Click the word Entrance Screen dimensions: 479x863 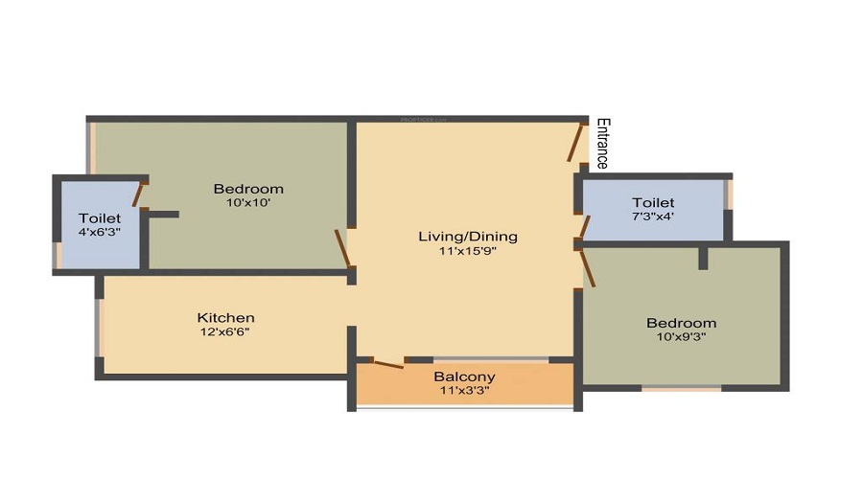[602, 144]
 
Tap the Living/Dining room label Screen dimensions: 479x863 [468, 236]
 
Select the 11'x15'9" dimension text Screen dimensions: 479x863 [468, 252]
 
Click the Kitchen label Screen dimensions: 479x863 [226, 317]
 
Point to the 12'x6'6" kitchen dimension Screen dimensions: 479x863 [226, 332]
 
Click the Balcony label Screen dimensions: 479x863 [464, 376]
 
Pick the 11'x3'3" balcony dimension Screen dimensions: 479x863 [464, 391]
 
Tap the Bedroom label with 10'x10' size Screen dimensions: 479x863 [248, 188]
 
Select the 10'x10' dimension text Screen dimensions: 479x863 [248, 203]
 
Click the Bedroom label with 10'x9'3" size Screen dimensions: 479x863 [681, 323]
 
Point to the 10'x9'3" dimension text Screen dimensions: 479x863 [681, 338]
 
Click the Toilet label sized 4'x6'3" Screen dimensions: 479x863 [100, 217]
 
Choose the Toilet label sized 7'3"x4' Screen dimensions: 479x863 [653, 202]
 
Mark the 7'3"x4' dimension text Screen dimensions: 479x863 [653, 217]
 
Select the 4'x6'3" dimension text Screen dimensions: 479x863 [100, 232]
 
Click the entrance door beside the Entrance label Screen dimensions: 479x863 [576, 142]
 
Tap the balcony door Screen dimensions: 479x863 [386, 363]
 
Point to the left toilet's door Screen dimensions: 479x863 [138, 194]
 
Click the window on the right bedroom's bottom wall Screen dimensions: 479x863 [681, 388]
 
